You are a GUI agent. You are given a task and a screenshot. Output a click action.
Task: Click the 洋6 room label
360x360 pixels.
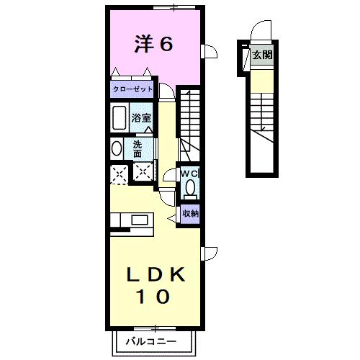pos(153,45)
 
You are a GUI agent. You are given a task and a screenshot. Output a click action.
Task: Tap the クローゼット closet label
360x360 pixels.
pos(132,90)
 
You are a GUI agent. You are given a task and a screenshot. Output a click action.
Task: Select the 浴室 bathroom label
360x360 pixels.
pos(141,117)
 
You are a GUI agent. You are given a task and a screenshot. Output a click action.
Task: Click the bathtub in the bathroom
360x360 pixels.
pos(119,118)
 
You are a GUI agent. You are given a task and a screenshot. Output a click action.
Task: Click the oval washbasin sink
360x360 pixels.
pos(117,148)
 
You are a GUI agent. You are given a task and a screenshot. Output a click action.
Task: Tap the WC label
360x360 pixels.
pos(189,174)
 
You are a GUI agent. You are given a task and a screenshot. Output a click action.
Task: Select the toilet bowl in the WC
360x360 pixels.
pos(190,189)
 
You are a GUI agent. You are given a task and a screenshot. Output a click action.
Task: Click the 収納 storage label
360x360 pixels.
pos(189,213)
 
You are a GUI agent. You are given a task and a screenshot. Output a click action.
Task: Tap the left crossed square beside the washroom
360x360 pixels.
pos(118,174)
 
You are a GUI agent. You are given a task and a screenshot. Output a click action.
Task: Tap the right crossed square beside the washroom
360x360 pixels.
pos(144,173)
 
